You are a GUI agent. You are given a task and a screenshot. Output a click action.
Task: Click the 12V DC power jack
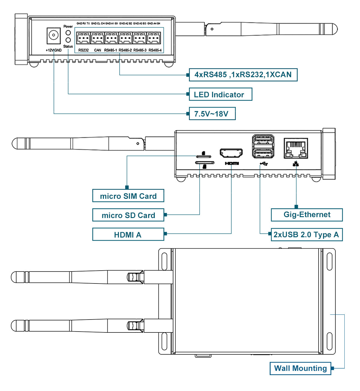[x=53, y=35]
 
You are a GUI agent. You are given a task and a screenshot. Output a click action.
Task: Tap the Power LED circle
[x=68, y=33]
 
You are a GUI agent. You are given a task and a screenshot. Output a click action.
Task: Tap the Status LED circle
[x=68, y=40]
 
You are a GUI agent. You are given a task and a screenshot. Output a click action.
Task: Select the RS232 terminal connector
[x=83, y=38]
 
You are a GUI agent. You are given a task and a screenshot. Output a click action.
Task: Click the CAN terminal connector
[x=97, y=38]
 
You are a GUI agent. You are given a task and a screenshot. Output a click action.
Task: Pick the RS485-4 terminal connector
[x=154, y=38]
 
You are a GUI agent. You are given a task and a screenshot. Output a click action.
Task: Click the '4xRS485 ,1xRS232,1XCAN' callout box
[x=243, y=75]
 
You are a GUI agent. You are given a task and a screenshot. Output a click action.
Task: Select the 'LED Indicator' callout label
[x=220, y=94]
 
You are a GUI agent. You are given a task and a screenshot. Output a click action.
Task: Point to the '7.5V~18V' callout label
[x=212, y=114]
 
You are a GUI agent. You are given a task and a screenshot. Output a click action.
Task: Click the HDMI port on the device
[x=231, y=153]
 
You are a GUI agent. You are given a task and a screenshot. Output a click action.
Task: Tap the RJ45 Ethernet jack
[x=296, y=148]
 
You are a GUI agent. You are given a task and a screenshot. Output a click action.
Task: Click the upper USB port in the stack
[x=263, y=140]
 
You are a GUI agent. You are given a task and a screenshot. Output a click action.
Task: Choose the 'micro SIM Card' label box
[x=128, y=196]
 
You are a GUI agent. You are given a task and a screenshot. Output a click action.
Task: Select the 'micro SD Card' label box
[x=128, y=215]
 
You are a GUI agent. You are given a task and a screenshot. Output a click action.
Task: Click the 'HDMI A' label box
[x=128, y=235]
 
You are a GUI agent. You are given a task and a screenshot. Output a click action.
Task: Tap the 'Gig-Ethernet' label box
[x=307, y=215]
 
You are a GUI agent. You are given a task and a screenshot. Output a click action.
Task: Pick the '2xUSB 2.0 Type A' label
[x=306, y=235]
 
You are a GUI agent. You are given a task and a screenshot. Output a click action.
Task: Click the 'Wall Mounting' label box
[x=301, y=368]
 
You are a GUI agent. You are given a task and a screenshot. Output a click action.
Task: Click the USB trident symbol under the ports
[x=264, y=164]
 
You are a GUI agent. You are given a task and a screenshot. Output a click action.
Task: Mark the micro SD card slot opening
[x=205, y=163]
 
